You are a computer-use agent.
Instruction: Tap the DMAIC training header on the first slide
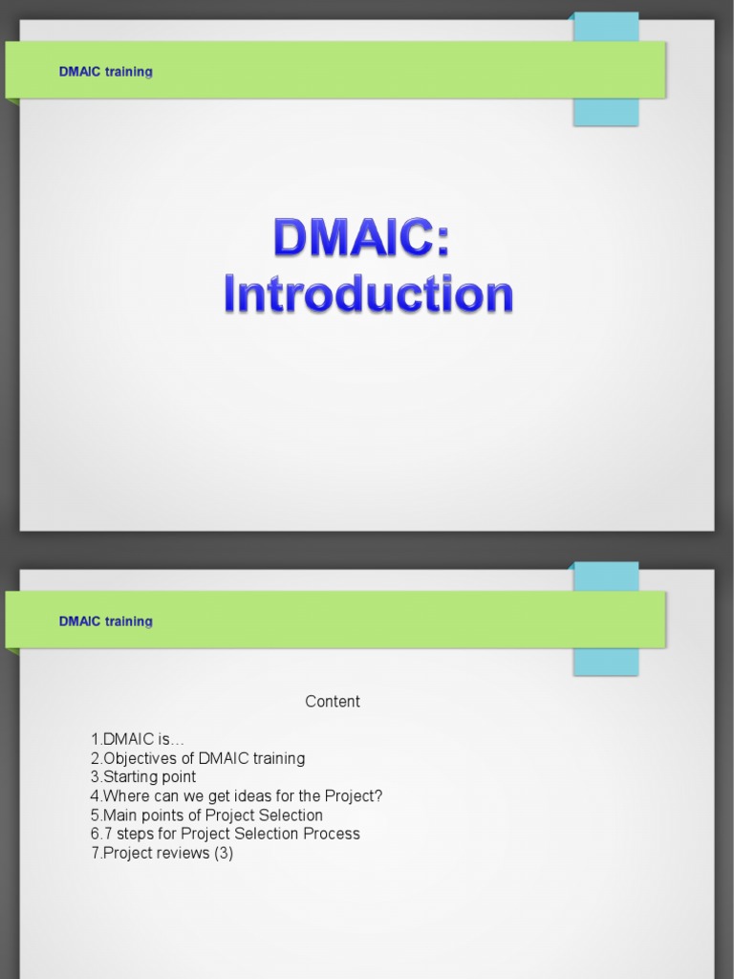[x=105, y=72]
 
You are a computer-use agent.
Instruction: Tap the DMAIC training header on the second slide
[x=105, y=621]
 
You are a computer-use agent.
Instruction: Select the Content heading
[x=333, y=702]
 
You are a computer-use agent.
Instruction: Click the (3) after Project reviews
[x=224, y=853]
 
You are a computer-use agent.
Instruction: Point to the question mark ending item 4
[x=378, y=796]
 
